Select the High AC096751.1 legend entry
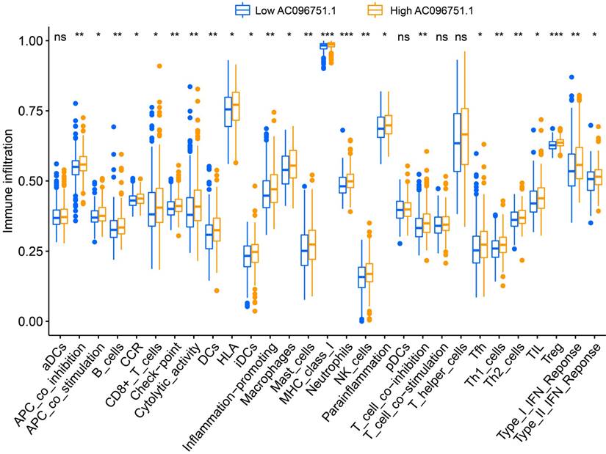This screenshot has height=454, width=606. (419, 10)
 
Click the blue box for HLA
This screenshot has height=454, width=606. (228, 111)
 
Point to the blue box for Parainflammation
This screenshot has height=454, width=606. (380, 127)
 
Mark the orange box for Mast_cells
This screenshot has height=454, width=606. (311, 242)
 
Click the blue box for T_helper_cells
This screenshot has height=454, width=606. (457, 142)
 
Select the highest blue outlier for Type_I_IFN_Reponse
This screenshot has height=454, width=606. (571, 77)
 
